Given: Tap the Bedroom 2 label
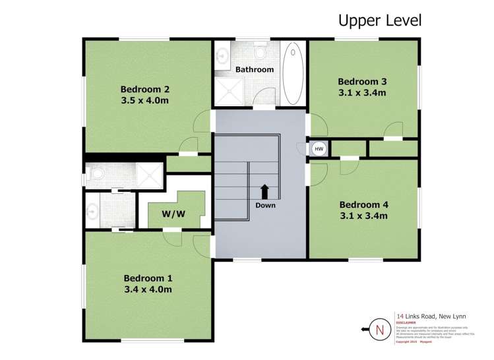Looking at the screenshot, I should (x=145, y=90).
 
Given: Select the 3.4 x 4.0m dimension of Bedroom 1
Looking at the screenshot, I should (x=148, y=289).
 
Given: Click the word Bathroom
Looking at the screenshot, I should (x=254, y=69).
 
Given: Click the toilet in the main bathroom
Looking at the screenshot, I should (x=260, y=51).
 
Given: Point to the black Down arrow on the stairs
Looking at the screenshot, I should (x=264, y=191).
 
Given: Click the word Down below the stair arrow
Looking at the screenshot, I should (x=265, y=205).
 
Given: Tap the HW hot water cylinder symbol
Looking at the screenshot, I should (x=319, y=149).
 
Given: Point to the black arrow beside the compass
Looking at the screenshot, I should (x=364, y=328).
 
